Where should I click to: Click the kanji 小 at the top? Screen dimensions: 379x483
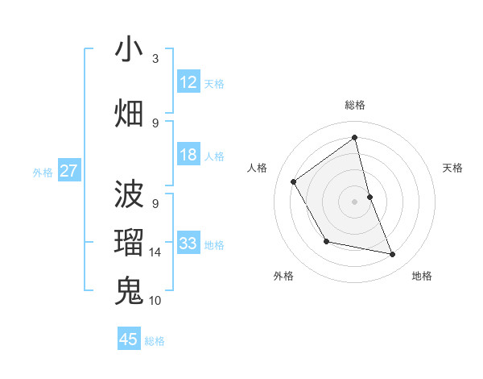pyautogui.click(x=129, y=49)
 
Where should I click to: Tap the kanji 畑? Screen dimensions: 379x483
pyautogui.click(x=129, y=114)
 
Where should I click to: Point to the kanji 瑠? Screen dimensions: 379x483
pyautogui.click(x=129, y=243)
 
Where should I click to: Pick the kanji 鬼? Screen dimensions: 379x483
pyautogui.click(x=129, y=290)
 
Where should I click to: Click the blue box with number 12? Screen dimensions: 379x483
pyautogui.click(x=188, y=82)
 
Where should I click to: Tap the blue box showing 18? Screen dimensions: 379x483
pyautogui.click(x=188, y=155)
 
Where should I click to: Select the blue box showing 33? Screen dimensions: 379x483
pyautogui.click(x=188, y=244)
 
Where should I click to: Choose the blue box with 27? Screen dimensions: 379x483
pyautogui.click(x=69, y=171)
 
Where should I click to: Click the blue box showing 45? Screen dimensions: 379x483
pyautogui.click(x=129, y=339)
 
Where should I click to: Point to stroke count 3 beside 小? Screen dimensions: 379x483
pyautogui.click(x=155, y=59)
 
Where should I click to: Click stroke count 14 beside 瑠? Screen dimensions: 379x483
pyautogui.click(x=155, y=252)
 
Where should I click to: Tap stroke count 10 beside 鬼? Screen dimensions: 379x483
pyautogui.click(x=155, y=301)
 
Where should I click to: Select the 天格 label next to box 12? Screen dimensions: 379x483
pyautogui.click(x=214, y=83)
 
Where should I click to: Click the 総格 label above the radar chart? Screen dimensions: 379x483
pyautogui.click(x=355, y=105)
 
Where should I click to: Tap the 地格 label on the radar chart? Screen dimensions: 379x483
pyautogui.click(x=422, y=277)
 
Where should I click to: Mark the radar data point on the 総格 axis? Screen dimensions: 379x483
pyautogui.click(x=355, y=137)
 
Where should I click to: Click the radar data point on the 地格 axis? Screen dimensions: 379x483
pyautogui.click(x=393, y=254)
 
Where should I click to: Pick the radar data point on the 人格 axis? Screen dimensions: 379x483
pyautogui.click(x=294, y=181)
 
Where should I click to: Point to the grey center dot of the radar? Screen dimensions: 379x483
pyautogui.click(x=355, y=201)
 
